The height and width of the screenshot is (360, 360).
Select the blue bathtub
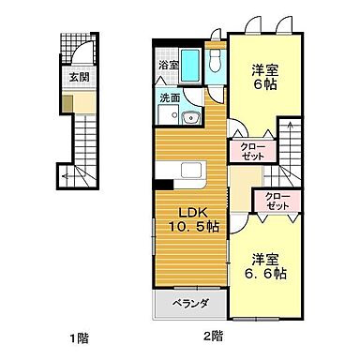click(x=189, y=66)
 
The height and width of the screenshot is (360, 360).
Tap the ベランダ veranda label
click(x=188, y=305)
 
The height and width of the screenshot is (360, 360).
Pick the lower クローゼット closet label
click(x=277, y=203)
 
